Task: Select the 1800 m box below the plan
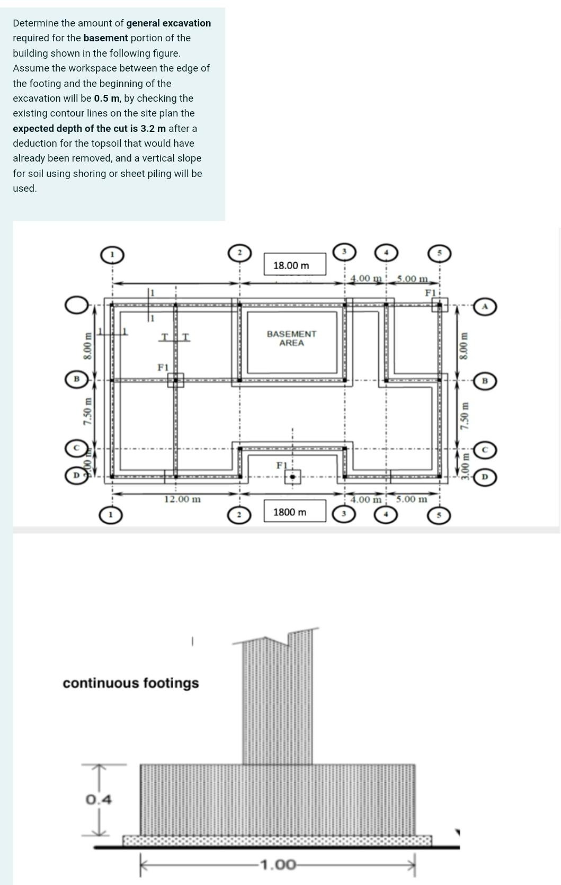point(295,512)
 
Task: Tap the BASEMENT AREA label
point(291,338)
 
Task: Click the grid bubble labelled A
point(484,307)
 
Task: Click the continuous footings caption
point(131,683)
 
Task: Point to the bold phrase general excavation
point(168,23)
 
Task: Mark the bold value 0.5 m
point(106,99)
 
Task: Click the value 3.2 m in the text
point(153,129)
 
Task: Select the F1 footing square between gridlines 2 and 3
point(292,477)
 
